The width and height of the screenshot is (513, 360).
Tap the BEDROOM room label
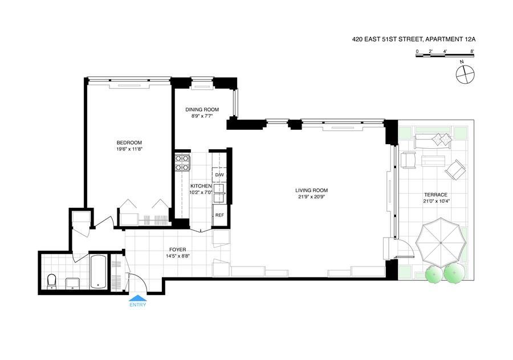coord(129,142)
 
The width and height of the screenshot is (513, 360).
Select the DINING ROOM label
coord(202,109)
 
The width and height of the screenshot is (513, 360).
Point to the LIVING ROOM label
coord(311,190)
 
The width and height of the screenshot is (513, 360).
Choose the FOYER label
coord(177,249)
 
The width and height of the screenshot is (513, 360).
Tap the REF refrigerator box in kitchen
coord(219,215)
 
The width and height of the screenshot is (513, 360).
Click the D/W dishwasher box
coord(219,174)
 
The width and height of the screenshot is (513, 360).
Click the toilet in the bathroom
coord(52,281)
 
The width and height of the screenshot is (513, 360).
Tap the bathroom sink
coord(72,283)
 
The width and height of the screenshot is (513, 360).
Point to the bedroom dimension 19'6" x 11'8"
coord(129,149)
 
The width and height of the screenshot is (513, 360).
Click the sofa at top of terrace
coord(433,141)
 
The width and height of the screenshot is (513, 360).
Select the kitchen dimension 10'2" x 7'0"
coord(201,193)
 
